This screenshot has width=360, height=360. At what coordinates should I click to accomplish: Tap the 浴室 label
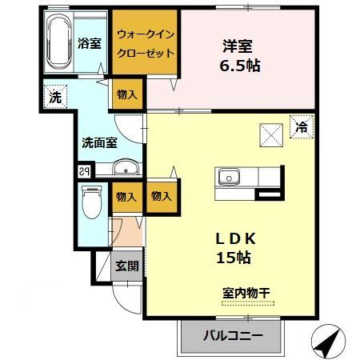(x=90, y=43)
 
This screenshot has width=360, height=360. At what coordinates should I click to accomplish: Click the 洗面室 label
(x=99, y=143)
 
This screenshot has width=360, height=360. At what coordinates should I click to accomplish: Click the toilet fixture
(x=92, y=202)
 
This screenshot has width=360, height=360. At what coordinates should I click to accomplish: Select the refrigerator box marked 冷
(x=302, y=126)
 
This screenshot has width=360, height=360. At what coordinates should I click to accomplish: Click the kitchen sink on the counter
(x=228, y=176)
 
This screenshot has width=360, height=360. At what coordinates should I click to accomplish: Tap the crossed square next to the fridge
(x=271, y=135)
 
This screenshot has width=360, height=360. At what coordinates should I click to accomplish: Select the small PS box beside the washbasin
(x=83, y=170)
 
